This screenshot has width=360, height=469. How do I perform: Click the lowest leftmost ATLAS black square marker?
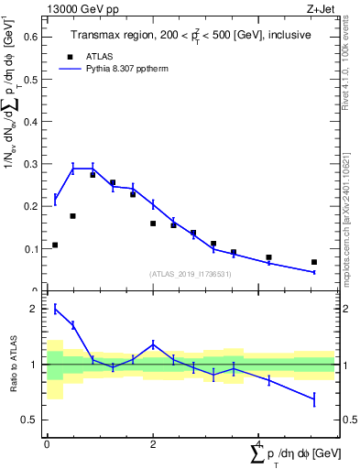click(55, 245)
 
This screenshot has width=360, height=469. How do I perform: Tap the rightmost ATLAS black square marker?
click(314, 262)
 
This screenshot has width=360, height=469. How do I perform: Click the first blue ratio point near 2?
click(55, 309)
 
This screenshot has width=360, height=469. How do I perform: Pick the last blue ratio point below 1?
click(314, 398)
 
